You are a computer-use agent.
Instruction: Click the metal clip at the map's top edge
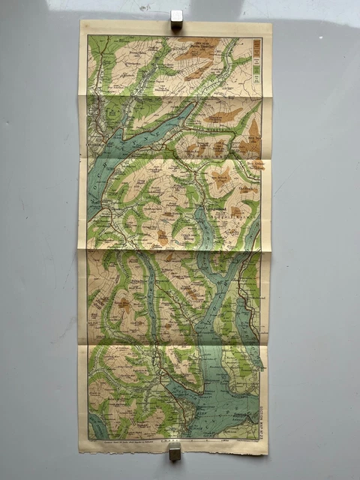176,19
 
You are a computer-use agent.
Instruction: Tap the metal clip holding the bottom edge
174,451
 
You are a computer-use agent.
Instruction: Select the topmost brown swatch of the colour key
256,43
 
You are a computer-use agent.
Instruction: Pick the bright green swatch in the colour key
256,69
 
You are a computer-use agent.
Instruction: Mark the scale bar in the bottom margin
217,443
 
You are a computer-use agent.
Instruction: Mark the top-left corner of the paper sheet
80,21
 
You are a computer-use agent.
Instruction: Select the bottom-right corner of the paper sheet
268,454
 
